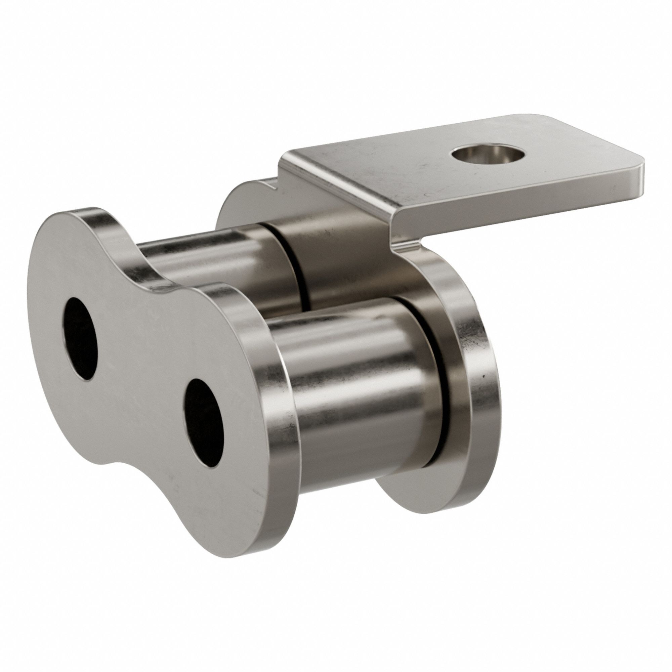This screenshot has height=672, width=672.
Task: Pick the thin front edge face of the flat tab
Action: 522,190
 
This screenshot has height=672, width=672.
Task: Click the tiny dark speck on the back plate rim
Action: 483,376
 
